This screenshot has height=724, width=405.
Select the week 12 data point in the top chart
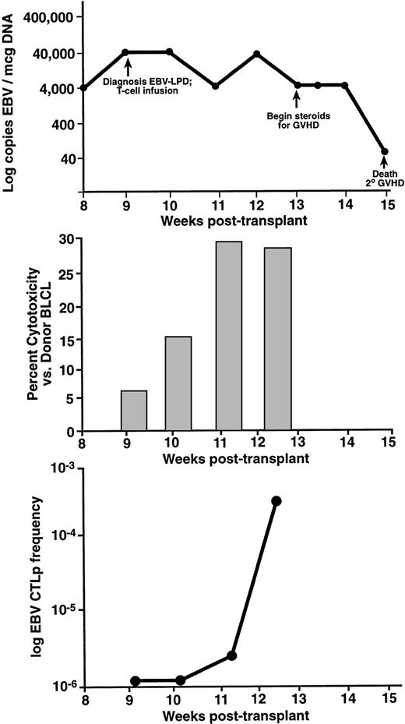click(x=256, y=54)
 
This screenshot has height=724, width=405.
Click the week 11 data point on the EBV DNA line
click(x=215, y=86)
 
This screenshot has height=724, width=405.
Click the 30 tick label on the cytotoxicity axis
click(x=69, y=240)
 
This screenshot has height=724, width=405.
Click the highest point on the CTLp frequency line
click(x=276, y=500)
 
